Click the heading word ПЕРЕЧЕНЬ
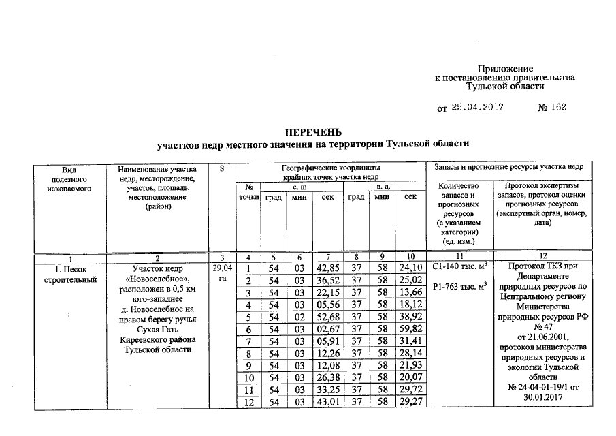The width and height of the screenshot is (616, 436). [312, 131]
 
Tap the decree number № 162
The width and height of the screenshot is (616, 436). [551, 108]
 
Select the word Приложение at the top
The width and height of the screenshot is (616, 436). [504, 69]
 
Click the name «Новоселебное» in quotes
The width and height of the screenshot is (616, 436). [156, 280]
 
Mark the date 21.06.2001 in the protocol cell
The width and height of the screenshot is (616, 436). [542, 336]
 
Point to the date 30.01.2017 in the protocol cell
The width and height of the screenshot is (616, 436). [542, 398]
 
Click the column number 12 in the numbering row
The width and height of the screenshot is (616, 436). [542, 258]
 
